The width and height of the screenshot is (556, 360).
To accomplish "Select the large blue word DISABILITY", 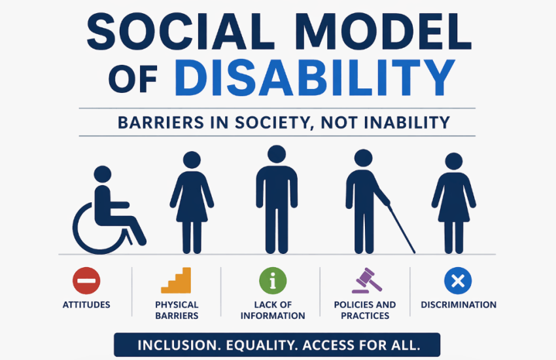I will coord(315,78).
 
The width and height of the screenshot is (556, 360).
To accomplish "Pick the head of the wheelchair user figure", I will coord(102,174).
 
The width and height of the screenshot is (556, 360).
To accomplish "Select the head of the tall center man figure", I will coord(276,155).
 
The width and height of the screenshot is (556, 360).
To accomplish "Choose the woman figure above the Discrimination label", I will coord(453,203).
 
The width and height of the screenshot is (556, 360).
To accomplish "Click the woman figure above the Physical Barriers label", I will coord(192,203).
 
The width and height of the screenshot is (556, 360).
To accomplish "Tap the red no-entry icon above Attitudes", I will coord(86,281).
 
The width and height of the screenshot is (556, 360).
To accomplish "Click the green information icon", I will coord(273,281).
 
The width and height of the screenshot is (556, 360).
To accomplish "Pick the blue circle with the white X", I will coord(458,281).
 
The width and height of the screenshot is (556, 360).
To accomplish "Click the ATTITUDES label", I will coord(86,305).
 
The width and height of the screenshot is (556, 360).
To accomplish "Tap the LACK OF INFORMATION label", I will coord(273,310).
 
